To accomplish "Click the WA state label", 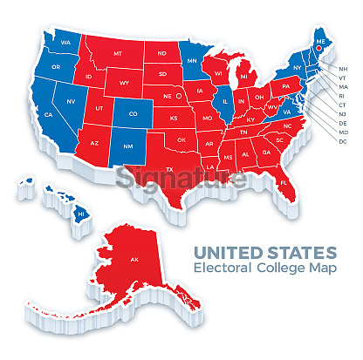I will coord(65,42).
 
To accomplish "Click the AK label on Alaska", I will coord(134,260).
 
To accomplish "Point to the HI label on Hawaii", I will coord(79,213).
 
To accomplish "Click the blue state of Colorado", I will coord(133,113).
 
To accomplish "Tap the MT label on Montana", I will coord(118,54).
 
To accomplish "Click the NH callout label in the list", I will coord(342,68).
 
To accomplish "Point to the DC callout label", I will coord(342,140).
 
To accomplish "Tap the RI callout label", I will coord(342,96).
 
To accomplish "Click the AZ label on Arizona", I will coord(94,142).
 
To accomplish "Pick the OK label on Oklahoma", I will coord(181,139).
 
